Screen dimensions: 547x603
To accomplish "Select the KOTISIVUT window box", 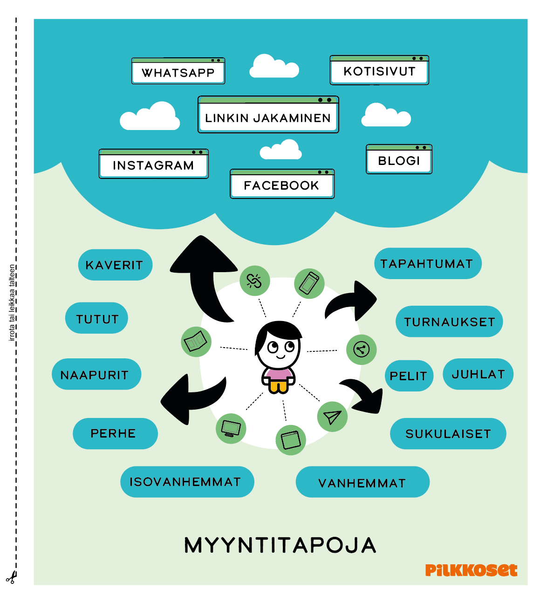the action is [379, 70].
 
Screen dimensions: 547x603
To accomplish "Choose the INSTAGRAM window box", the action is [153, 164].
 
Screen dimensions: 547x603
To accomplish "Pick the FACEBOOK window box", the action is [282, 184].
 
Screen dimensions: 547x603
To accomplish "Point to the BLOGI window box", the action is [399, 159].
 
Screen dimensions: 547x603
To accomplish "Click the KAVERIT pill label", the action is [115, 265].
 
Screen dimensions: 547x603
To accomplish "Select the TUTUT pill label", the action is [97, 319].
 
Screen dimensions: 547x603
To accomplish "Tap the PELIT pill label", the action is [409, 376].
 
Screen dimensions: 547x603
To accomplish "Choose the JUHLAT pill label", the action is [478, 374].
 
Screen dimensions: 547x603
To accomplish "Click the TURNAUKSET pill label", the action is [449, 322].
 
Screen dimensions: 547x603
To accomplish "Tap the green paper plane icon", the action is [332, 417].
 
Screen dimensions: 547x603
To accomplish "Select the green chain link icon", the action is [254, 281].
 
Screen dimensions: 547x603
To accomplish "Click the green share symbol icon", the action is [361, 349].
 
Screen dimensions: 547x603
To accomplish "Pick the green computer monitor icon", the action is [231, 428].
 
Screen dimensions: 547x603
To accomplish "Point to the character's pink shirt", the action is [278, 375].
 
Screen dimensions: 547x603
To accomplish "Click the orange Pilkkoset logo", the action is [471, 570].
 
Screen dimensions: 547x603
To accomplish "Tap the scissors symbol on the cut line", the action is [11, 578].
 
